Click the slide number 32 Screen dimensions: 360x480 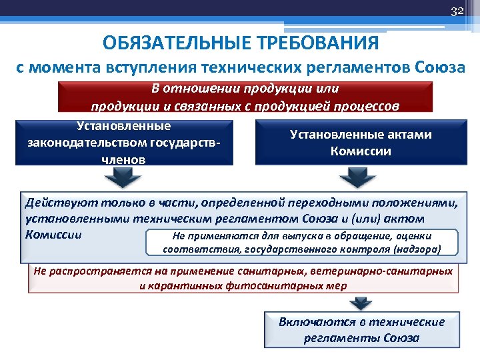[x=457, y=11]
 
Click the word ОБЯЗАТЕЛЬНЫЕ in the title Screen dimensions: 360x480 [x=176, y=44]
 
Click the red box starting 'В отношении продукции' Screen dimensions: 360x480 [x=245, y=97]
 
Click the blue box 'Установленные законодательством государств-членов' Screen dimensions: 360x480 [x=124, y=143]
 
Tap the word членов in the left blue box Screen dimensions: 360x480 [x=124, y=159]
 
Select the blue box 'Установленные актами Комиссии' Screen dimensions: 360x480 [x=361, y=143]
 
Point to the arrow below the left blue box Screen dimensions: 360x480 [x=122, y=177]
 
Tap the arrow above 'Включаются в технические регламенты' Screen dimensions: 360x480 [x=361, y=302]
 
